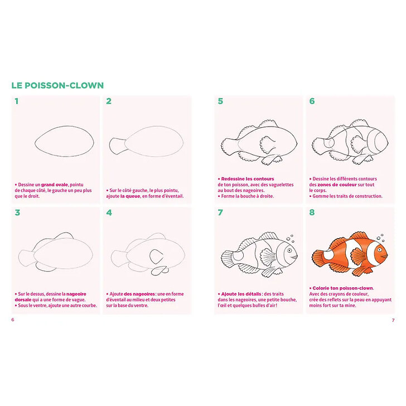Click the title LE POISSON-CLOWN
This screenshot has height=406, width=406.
[x=57, y=85]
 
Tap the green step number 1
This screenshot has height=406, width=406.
[x=17, y=101]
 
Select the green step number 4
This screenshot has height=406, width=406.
[x=109, y=212]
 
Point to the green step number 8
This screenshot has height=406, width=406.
[x=312, y=212]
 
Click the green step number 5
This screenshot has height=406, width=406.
[x=220, y=101]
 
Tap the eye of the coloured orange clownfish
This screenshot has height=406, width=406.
[x=379, y=250]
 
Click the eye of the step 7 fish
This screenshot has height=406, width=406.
[x=289, y=250]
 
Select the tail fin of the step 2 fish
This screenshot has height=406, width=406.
[x=117, y=146]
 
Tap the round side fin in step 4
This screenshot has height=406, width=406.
[x=156, y=257]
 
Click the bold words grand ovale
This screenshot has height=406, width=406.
[x=55, y=185]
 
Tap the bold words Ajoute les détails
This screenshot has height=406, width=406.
[x=241, y=294]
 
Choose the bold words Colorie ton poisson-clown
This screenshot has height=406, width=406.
[x=343, y=288]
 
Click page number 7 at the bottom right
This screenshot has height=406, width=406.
[x=393, y=320]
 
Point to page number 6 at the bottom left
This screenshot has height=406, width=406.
[x=13, y=320]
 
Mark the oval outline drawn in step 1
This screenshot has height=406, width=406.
[x=64, y=127]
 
